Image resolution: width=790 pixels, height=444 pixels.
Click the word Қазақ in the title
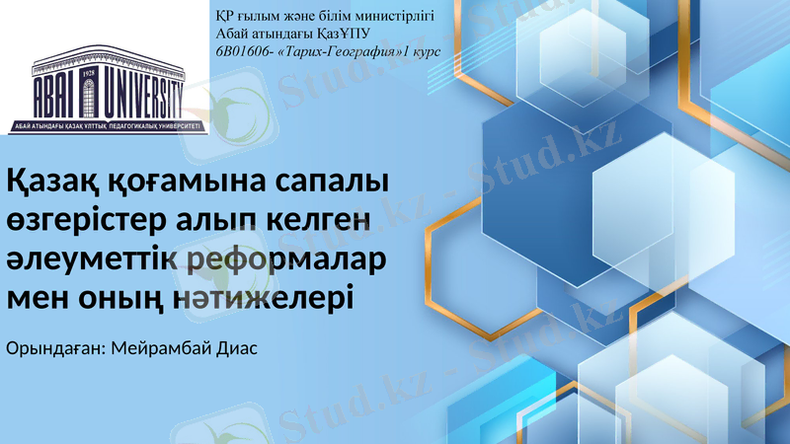53,184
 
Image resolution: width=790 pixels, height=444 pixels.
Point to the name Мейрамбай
159,349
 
